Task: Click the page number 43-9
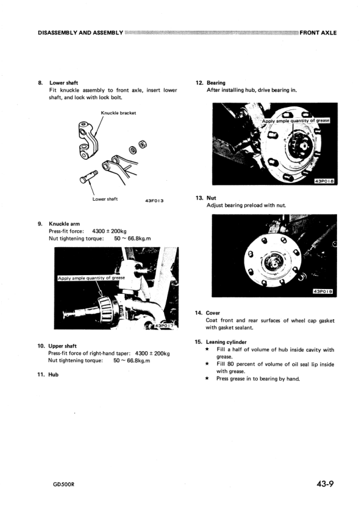click(x=326, y=484)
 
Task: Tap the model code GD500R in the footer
click(x=64, y=485)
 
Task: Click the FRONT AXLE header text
click(x=318, y=33)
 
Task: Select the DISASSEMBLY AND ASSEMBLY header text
click(x=80, y=33)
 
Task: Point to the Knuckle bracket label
click(x=118, y=113)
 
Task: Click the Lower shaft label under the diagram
click(x=105, y=199)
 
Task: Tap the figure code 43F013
click(x=154, y=201)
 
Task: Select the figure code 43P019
click(x=322, y=291)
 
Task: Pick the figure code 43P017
click(x=166, y=325)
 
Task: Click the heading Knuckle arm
click(x=64, y=224)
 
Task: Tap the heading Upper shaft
click(x=62, y=346)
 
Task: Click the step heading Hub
click(x=53, y=374)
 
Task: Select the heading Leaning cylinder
click(x=226, y=342)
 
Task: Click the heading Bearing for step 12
click(x=216, y=83)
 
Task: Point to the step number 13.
click(x=199, y=198)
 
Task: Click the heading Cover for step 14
click(x=213, y=313)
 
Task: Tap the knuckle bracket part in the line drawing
click(x=87, y=141)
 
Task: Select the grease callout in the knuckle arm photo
click(x=91, y=278)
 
